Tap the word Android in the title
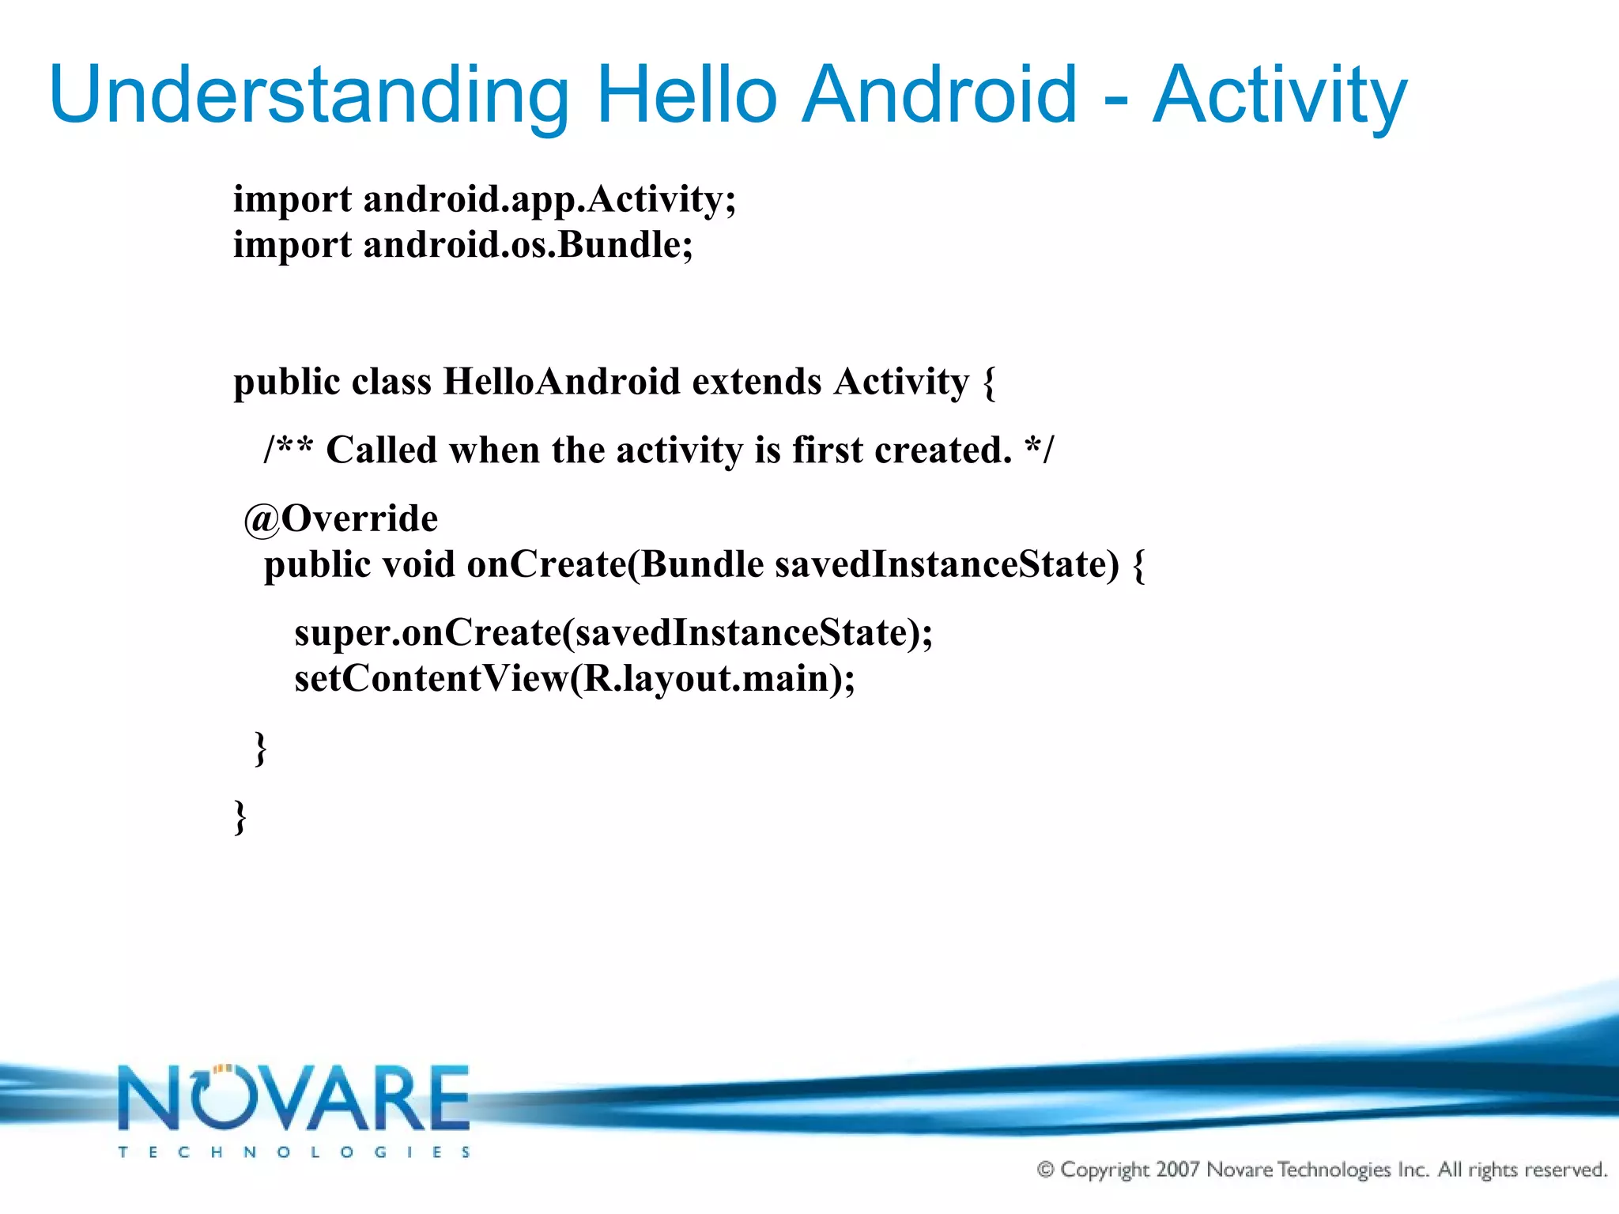[938, 95]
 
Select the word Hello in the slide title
[686, 95]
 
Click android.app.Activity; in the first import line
[549, 199]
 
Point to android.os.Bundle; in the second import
[528, 245]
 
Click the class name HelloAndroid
[561, 383]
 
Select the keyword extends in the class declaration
[757, 383]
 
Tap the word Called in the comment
[381, 451]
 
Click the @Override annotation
[341, 519]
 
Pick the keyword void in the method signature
[418, 565]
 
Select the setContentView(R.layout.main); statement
[575, 679]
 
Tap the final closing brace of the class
[240, 816]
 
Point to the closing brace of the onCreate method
[261, 748]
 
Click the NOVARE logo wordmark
[294, 1099]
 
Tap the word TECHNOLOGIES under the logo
[294, 1152]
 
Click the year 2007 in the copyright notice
[1177, 1169]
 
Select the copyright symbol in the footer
[1045, 1170]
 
